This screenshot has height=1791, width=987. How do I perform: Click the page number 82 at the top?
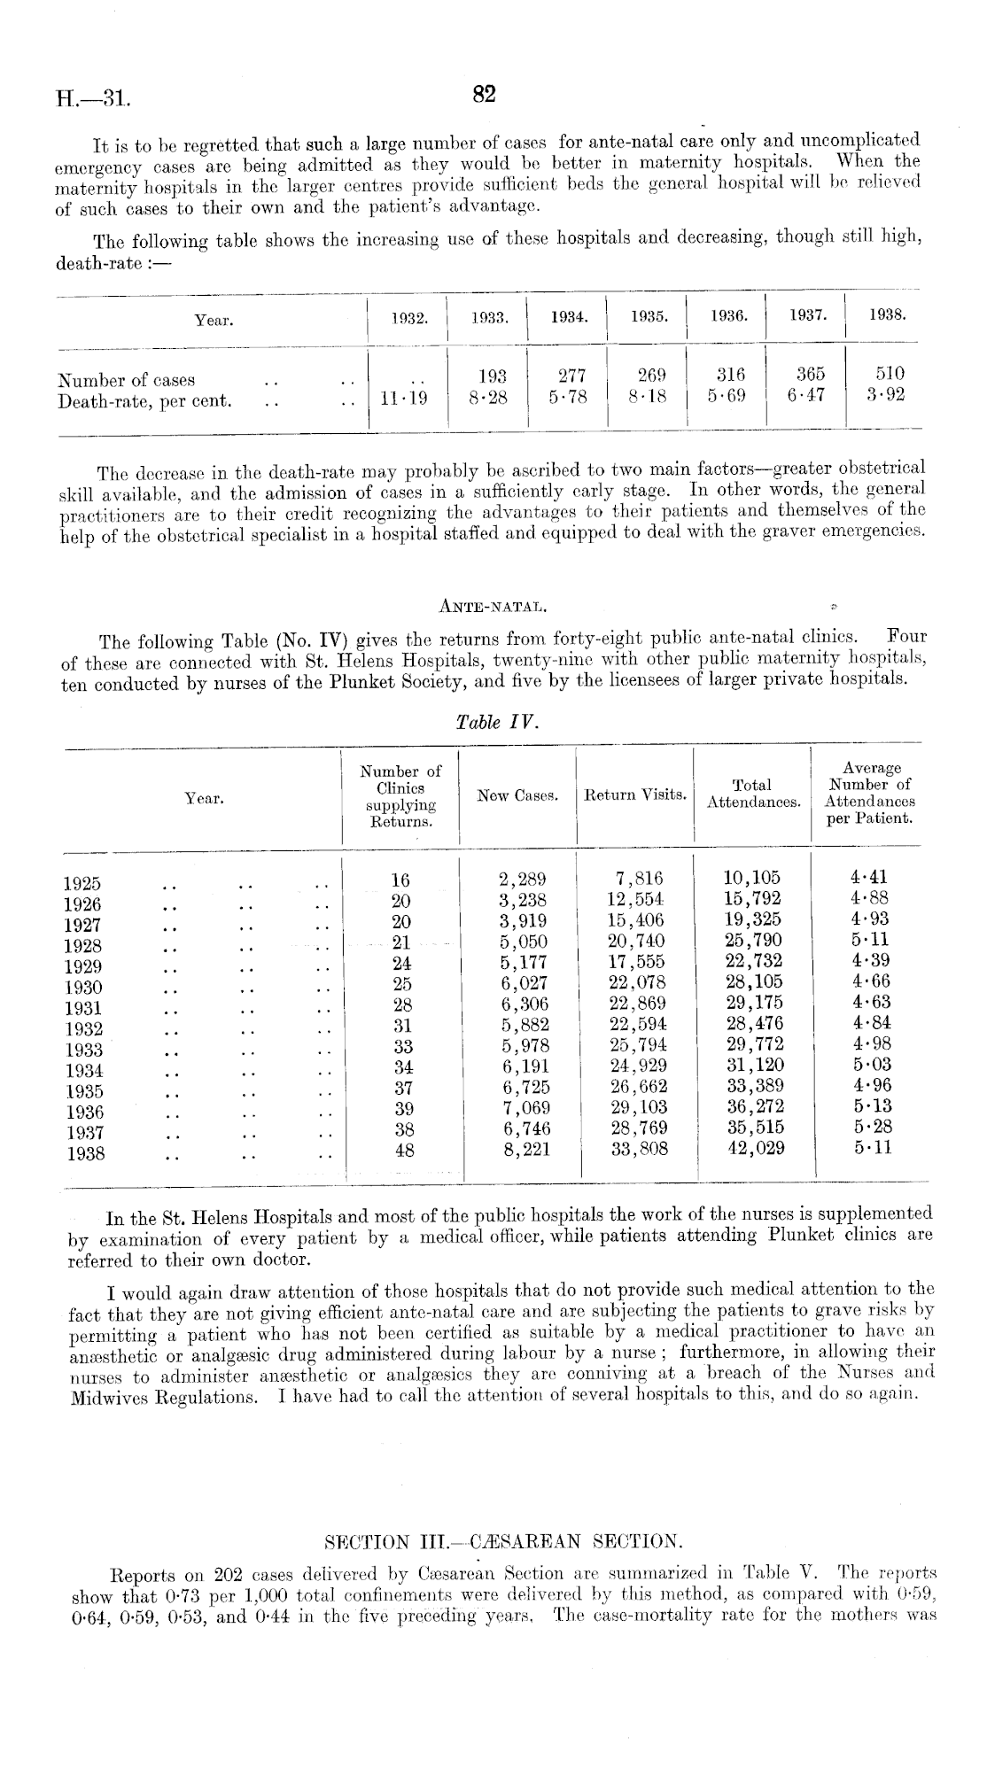pos(483,95)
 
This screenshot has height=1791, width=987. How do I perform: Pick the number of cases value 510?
pos(885,375)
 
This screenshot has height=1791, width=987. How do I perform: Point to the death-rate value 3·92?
pos(885,395)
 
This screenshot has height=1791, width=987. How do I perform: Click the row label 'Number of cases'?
pos(126,381)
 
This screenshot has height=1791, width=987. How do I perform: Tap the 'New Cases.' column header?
pos(517,795)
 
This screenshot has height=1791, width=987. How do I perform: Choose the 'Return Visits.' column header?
pos(635,795)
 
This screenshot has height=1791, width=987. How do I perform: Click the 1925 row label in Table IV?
pos(82,883)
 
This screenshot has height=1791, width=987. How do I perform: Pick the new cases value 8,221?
pos(524,1150)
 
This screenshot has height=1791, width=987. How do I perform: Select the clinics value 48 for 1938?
pos(403,1150)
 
